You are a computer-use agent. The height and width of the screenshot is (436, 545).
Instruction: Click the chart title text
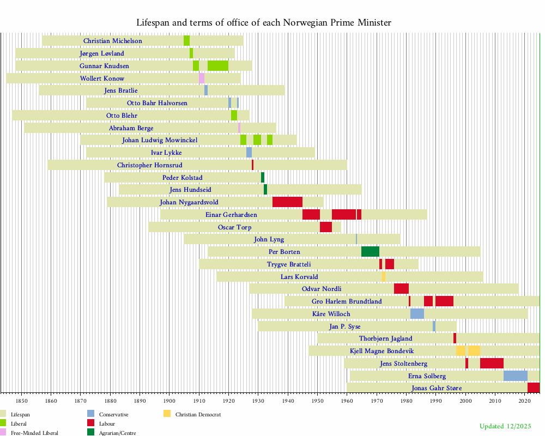pyautogui.click(x=264, y=23)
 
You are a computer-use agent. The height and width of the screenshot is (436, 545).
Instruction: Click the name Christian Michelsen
pyautogui.click(x=113, y=41)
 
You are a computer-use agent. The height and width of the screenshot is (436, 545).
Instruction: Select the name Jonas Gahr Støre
pyautogui.click(x=437, y=388)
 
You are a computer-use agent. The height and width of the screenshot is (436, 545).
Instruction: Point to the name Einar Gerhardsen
pyautogui.click(x=231, y=215)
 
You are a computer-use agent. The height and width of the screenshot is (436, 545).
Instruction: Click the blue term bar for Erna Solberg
pyautogui.click(x=515, y=376)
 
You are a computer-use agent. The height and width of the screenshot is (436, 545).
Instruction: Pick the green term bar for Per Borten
pyautogui.click(x=370, y=252)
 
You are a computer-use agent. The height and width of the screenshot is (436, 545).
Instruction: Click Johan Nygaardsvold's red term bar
pyautogui.click(x=287, y=202)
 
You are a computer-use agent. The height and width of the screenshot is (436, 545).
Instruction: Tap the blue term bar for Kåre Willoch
pyautogui.click(x=417, y=314)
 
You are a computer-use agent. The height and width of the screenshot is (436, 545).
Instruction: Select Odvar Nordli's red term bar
pyautogui.click(x=401, y=289)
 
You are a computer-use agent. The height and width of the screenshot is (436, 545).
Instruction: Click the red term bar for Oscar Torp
pyautogui.click(x=326, y=227)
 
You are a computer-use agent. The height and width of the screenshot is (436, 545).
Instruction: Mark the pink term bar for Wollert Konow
pyautogui.click(x=202, y=78)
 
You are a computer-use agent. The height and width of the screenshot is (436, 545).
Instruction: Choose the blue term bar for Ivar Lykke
pyautogui.click(x=249, y=153)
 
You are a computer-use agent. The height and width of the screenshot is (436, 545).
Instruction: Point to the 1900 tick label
pyautogui.click(x=169, y=401)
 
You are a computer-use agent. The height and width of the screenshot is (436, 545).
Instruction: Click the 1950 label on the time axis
pyautogui.click(x=317, y=401)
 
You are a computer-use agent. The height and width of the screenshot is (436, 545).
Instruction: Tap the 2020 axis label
pyautogui.click(x=524, y=401)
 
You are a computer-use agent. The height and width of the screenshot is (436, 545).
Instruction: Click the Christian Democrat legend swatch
pyautogui.click(x=167, y=414)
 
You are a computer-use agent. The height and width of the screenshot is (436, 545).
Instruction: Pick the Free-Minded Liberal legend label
pyautogui.click(x=34, y=433)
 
